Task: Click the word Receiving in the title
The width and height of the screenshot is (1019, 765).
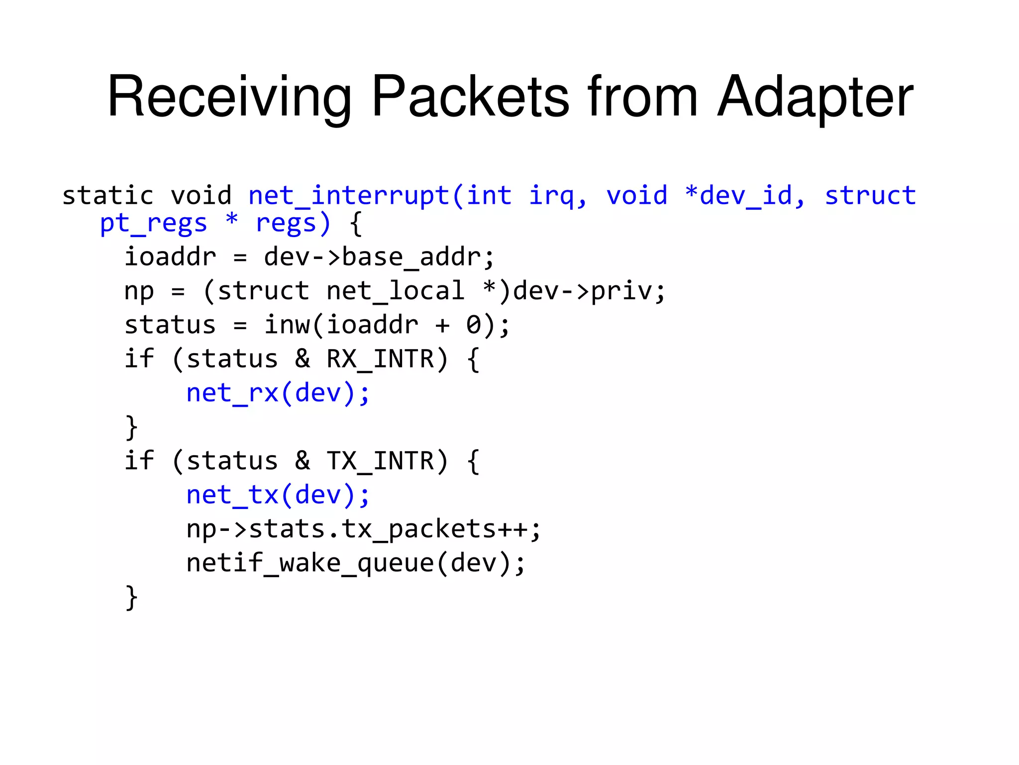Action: (x=229, y=97)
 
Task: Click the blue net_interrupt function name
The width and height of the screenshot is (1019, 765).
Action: (x=349, y=196)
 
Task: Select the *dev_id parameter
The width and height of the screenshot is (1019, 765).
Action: (x=743, y=196)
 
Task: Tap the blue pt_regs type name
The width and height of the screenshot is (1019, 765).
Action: (x=153, y=224)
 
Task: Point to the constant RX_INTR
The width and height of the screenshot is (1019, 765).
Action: (x=380, y=359)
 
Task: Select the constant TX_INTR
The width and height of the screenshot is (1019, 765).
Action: (x=380, y=461)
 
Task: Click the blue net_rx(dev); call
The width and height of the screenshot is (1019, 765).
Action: (x=278, y=393)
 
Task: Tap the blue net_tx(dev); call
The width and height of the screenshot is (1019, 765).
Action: (x=278, y=495)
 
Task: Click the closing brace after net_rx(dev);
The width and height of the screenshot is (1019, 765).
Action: (x=131, y=427)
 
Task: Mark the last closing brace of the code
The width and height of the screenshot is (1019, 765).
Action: (x=131, y=597)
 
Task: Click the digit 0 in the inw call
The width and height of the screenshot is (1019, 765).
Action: (x=473, y=325)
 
